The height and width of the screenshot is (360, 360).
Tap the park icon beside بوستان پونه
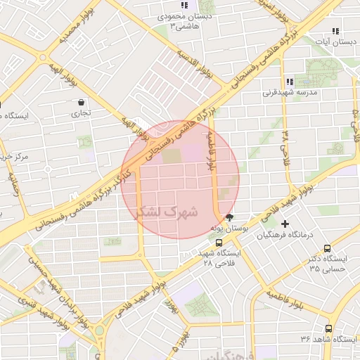(229, 217)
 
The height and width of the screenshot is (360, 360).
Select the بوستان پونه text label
(231, 229)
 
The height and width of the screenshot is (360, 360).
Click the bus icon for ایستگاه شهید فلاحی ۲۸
(218, 243)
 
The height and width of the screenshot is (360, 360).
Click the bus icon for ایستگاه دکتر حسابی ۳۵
(328, 248)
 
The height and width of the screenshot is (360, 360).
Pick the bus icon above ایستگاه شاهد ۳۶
(328, 328)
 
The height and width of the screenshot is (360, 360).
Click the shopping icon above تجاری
(82, 102)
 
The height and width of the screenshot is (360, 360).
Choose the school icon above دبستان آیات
(335, 31)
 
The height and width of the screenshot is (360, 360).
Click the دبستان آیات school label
(333, 42)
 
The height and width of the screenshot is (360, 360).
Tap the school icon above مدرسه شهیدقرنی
(290, 82)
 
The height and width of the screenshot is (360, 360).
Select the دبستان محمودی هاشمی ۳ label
(175, 20)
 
